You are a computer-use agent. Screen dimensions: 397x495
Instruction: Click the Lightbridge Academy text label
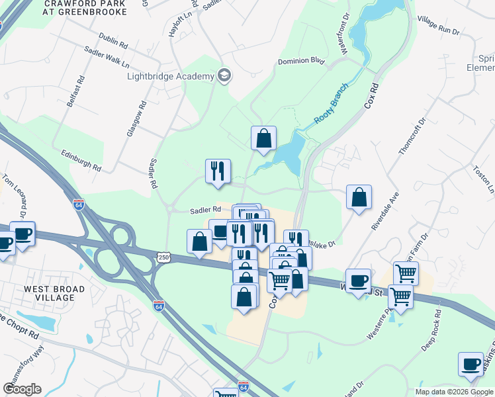(170, 76)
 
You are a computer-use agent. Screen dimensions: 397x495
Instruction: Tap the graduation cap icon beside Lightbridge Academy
(224, 75)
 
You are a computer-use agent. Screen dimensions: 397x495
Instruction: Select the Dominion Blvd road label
(301, 61)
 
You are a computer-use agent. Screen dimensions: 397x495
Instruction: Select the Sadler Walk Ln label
(107, 57)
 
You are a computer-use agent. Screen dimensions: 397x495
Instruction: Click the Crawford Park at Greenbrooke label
(85, 7)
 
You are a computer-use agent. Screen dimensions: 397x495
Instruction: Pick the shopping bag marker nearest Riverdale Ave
(359, 197)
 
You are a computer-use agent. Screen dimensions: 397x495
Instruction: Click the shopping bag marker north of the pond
(263, 138)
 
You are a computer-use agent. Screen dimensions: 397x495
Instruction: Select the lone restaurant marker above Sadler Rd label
(218, 171)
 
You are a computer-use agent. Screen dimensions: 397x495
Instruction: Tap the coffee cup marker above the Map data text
(471, 365)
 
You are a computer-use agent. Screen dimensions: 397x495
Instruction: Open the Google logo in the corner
(22, 389)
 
